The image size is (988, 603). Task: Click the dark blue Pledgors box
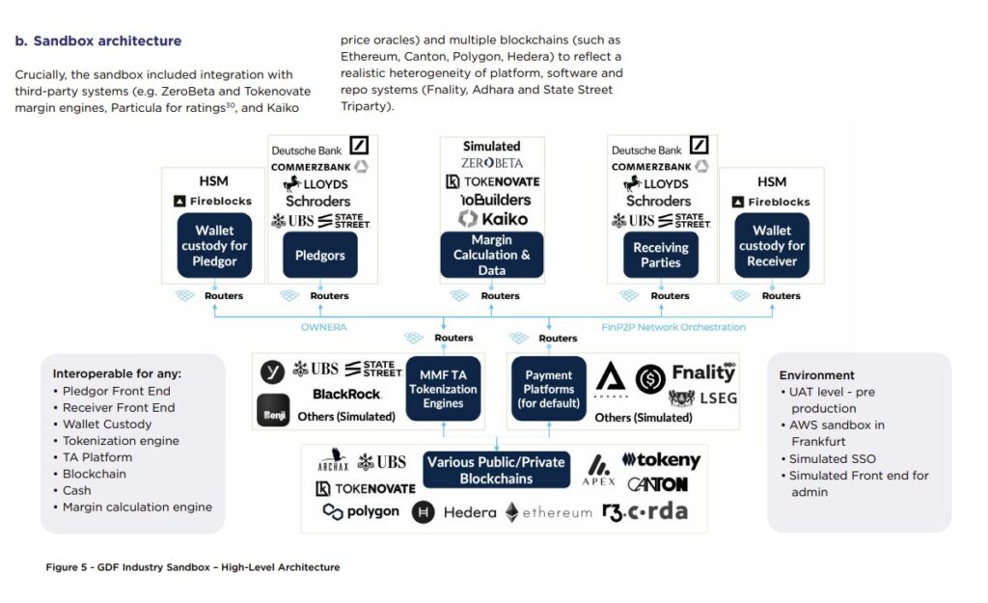point(318,256)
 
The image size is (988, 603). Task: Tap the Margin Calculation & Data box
point(491,256)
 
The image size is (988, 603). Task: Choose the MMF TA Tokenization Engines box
point(443,389)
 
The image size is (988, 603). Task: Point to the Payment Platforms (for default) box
point(548,389)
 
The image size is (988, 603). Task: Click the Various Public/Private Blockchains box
point(496,470)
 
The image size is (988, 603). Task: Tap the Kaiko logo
point(493,219)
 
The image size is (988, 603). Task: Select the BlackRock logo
point(346,394)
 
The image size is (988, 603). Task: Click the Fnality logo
point(703,371)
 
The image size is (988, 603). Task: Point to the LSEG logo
point(706,397)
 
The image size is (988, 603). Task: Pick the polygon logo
point(361,511)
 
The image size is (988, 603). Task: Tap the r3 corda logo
point(645,511)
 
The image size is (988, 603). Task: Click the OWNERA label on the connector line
point(323,327)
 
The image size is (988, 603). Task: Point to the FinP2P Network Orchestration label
point(672,327)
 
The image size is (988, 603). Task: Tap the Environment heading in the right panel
point(816,375)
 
